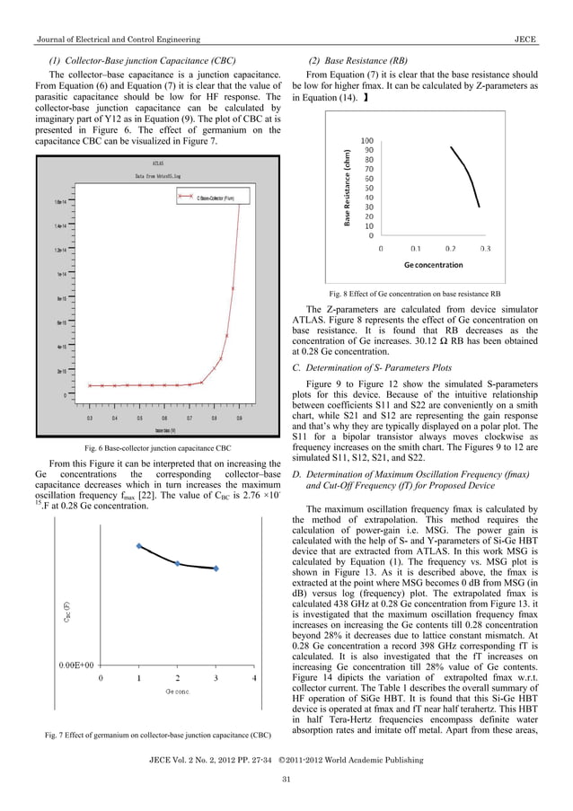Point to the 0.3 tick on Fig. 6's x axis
click(90, 418)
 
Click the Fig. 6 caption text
click(157, 447)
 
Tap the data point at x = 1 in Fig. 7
click(138, 545)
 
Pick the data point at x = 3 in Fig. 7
click(216, 569)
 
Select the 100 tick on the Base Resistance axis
click(367, 141)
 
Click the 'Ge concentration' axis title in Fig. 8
click(434, 265)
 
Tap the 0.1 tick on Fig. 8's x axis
click(416, 248)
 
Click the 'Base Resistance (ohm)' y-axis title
click(347, 186)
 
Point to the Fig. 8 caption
click(416, 293)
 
